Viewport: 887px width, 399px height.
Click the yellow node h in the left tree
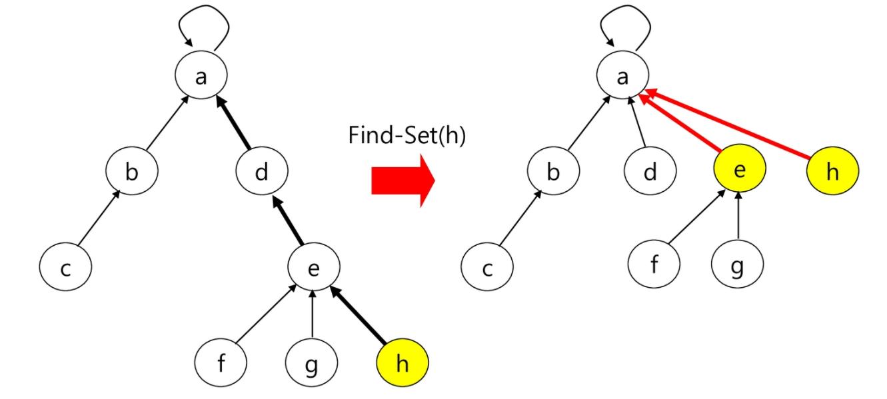click(402, 364)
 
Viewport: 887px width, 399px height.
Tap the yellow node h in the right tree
click(832, 172)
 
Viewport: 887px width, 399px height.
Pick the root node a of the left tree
click(201, 77)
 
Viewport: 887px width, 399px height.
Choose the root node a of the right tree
click(623, 77)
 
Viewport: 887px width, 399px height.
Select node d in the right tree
click(650, 172)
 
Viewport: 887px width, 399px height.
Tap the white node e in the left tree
click(313, 268)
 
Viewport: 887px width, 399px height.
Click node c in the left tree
click(65, 268)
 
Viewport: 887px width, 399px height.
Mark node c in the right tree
click(487, 268)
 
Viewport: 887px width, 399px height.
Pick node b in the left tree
click(131, 172)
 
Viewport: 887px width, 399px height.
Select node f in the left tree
click(221, 364)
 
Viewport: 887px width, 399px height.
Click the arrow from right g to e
click(738, 218)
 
